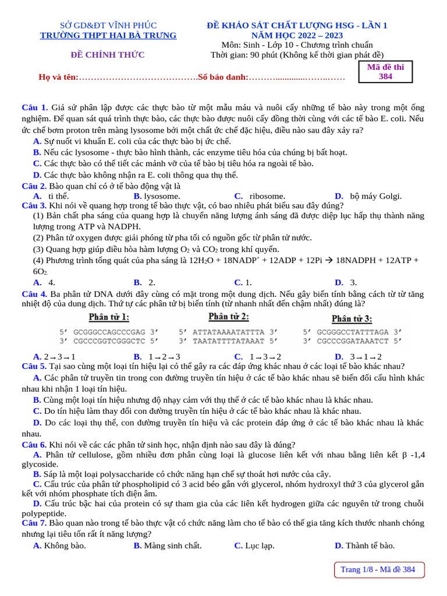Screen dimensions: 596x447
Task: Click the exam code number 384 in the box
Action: (x=385, y=76)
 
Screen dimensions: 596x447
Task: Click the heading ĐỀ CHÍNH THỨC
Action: (x=108, y=55)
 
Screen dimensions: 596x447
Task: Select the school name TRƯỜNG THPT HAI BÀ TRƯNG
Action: (x=108, y=36)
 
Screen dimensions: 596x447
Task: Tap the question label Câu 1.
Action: (x=34, y=108)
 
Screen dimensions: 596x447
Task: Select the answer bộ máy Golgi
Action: (x=376, y=196)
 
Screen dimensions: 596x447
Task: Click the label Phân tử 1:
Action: (x=108, y=317)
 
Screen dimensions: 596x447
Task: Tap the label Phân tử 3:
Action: (x=352, y=318)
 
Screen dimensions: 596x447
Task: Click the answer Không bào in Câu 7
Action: (x=65, y=545)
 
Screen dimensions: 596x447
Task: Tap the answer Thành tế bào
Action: (x=370, y=545)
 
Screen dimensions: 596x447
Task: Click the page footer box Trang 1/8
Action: (x=378, y=569)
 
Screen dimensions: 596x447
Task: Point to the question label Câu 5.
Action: (x=34, y=366)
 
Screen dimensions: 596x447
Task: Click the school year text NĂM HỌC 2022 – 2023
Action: (x=297, y=36)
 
